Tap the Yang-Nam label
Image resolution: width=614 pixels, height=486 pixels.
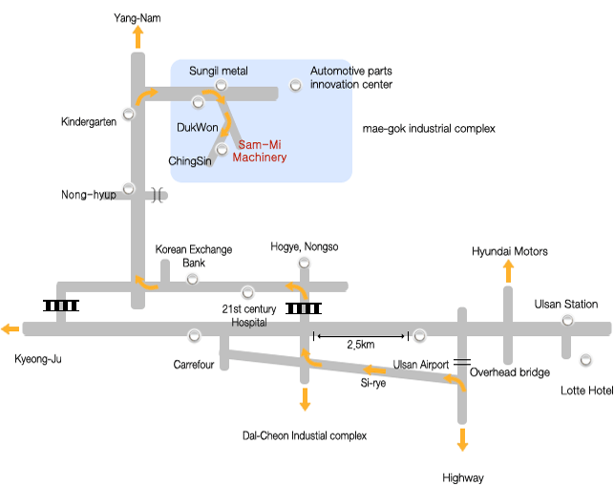pyautogui.click(x=138, y=18)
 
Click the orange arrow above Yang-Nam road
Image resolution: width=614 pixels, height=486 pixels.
pyautogui.click(x=138, y=38)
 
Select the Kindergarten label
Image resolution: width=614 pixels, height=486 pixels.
pyautogui.click(x=88, y=121)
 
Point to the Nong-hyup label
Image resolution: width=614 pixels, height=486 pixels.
pyautogui.click(x=89, y=195)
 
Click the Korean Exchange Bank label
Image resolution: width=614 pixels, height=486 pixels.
pyautogui.click(x=194, y=256)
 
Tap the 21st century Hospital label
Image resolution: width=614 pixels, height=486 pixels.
pyautogui.click(x=248, y=315)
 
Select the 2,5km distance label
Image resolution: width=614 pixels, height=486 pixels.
pyautogui.click(x=360, y=344)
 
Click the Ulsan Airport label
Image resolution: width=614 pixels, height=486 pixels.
pyautogui.click(x=421, y=365)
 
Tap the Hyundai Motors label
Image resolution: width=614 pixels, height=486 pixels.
pyautogui.click(x=510, y=251)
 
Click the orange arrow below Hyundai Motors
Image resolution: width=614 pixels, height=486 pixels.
pyautogui.click(x=508, y=271)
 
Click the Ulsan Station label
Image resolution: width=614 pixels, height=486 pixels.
pyautogui.click(x=566, y=305)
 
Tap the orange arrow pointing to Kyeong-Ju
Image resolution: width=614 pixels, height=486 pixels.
pyautogui.click(x=11, y=329)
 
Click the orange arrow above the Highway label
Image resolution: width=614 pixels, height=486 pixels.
pyautogui.click(x=462, y=439)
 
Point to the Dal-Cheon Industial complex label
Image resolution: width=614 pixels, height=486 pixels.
pyautogui.click(x=306, y=435)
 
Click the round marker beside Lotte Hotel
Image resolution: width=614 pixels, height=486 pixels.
pyautogui.click(x=585, y=361)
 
